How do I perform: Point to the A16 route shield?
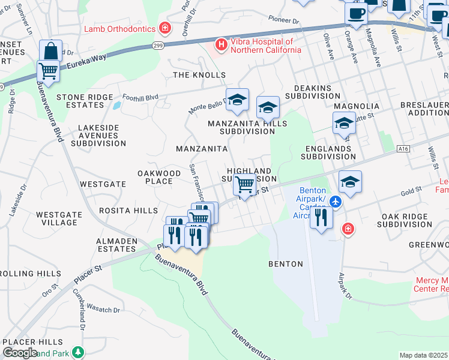[x=403, y=149]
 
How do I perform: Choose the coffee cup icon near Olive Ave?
[x=356, y=13]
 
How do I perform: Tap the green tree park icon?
[x=77, y=352]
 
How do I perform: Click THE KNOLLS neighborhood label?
[x=199, y=75]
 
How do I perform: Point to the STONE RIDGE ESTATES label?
[x=85, y=101]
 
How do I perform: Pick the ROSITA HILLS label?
[x=128, y=211]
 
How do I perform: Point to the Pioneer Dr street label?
[x=283, y=20]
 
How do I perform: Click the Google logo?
[x=20, y=352]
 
